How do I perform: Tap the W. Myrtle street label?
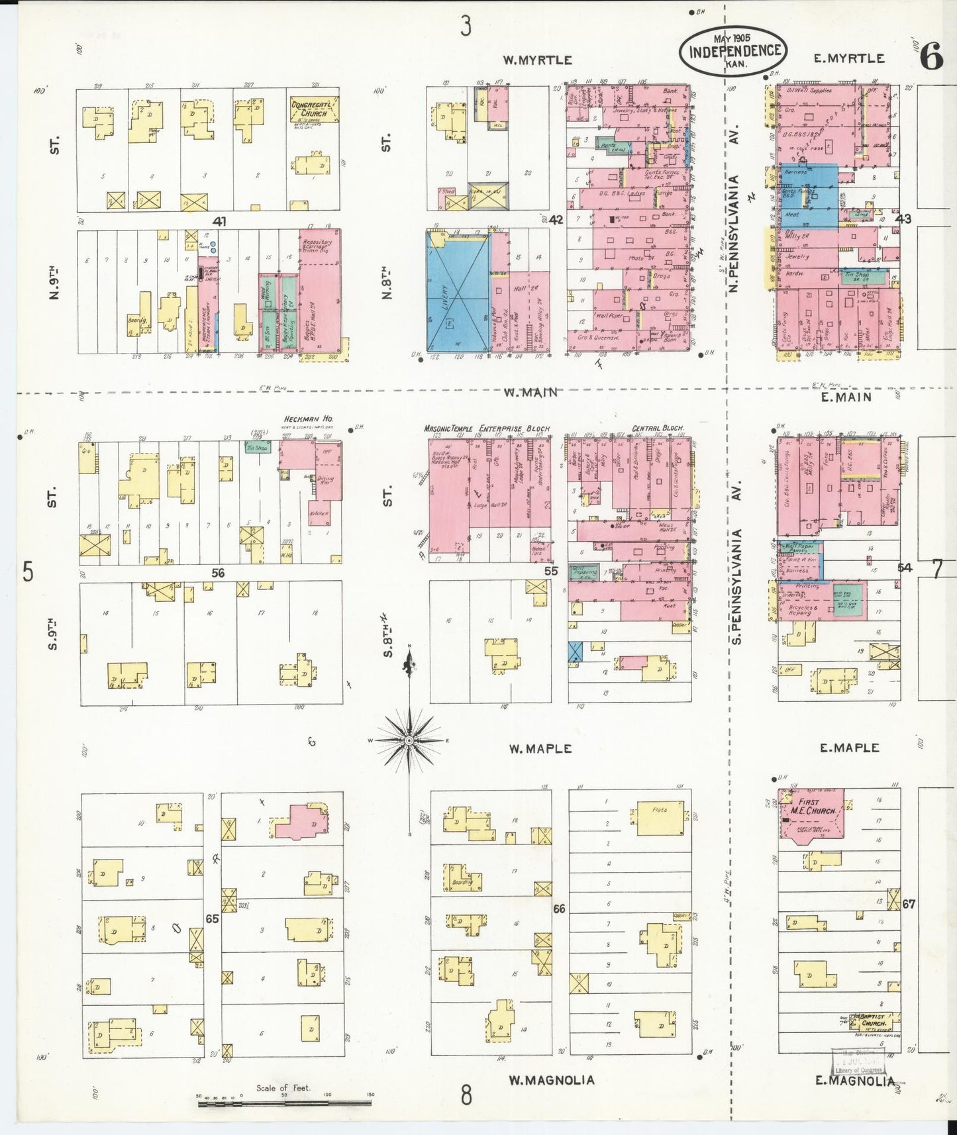point(537,60)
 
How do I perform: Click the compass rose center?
point(409,740)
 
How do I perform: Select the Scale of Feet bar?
point(284,1103)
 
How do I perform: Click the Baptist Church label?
point(872,1020)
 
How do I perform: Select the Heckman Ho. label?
point(308,419)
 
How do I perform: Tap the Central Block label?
point(658,428)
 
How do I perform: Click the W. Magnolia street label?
point(551,1080)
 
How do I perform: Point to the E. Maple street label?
point(849,748)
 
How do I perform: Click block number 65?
point(212,918)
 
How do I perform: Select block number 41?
point(220,221)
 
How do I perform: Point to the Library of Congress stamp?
point(859,1061)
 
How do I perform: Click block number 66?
point(559,909)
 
